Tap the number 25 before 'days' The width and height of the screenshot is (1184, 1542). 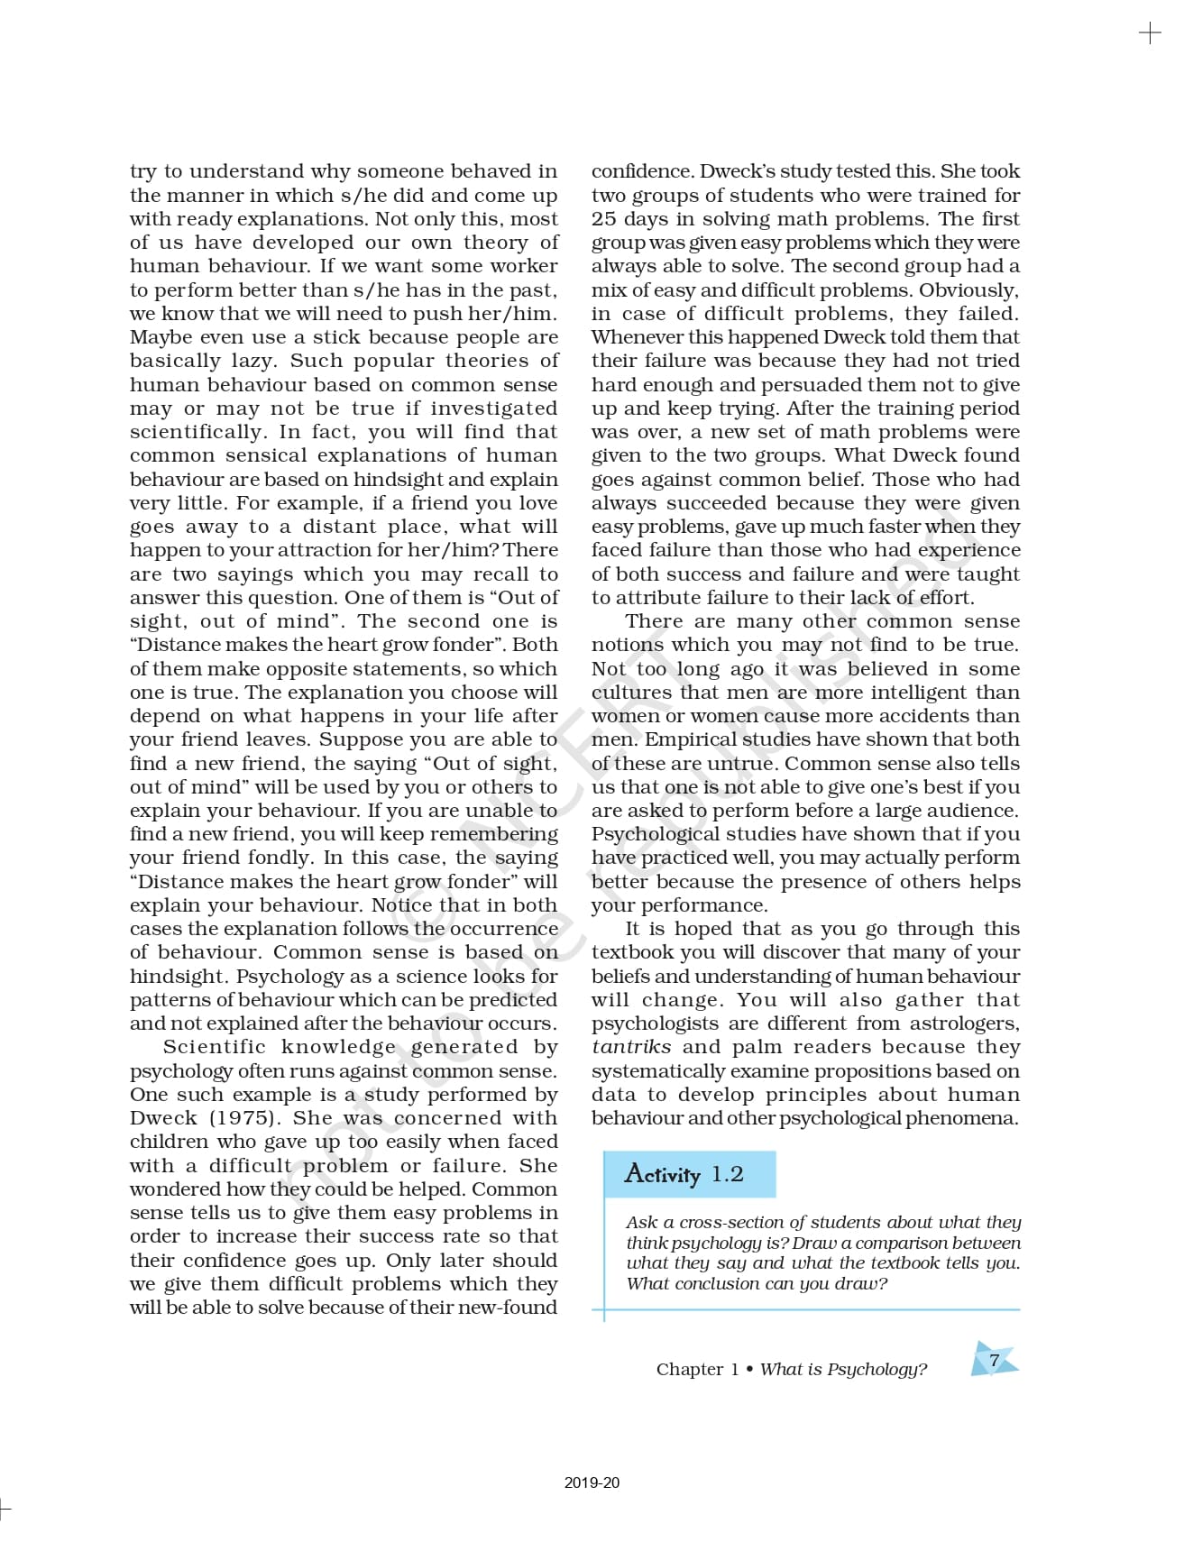(603, 219)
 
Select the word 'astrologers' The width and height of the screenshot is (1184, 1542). (964, 1023)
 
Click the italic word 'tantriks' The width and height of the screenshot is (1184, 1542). (631, 1047)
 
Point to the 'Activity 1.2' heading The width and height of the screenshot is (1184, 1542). (684, 1174)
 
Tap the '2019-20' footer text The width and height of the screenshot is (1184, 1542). (592, 1482)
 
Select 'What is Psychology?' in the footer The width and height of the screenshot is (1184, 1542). (843, 1370)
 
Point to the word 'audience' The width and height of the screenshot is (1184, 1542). (981, 811)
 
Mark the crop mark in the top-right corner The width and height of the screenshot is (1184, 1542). (1150, 34)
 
